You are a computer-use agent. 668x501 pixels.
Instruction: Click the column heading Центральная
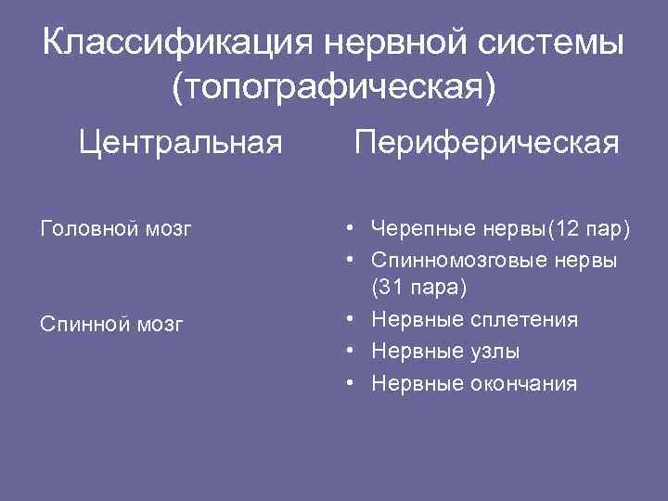coord(180,143)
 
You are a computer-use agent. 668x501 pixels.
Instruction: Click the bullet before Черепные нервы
coord(344,227)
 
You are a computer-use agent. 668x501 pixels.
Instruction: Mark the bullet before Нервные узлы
coord(344,352)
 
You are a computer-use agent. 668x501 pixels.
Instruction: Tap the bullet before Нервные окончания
coord(344,383)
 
